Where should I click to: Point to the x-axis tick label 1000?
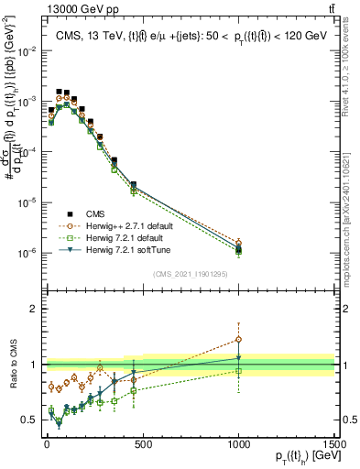[238, 443]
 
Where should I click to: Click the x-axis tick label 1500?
[335, 443]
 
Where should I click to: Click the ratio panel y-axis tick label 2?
[32, 310]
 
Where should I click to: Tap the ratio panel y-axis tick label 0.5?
[27, 420]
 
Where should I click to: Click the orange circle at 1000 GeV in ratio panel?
[238, 339]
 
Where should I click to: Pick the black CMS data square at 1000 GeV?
[238, 249]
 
